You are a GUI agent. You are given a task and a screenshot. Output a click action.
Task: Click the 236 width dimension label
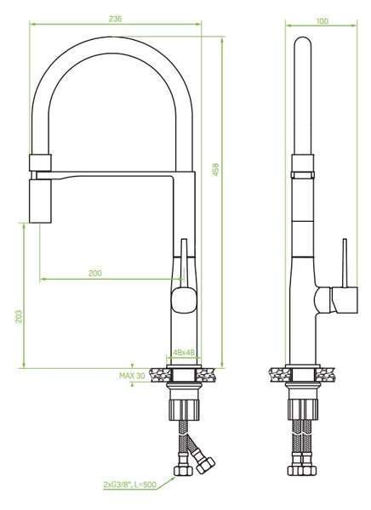[x=116, y=19]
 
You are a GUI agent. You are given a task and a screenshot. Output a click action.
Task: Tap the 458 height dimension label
[x=215, y=170]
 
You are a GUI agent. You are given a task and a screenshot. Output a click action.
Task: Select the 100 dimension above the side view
[x=322, y=21]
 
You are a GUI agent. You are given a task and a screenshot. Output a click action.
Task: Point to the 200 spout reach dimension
[x=95, y=273]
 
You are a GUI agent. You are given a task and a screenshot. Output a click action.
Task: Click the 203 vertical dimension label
[x=19, y=316]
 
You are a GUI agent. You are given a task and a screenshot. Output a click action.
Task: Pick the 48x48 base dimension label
[x=184, y=352]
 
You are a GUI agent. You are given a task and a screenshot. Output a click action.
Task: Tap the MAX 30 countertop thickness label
[x=132, y=376]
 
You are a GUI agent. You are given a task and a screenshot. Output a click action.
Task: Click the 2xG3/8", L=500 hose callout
[x=130, y=484]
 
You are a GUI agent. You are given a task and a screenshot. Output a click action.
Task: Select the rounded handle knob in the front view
[x=184, y=300]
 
